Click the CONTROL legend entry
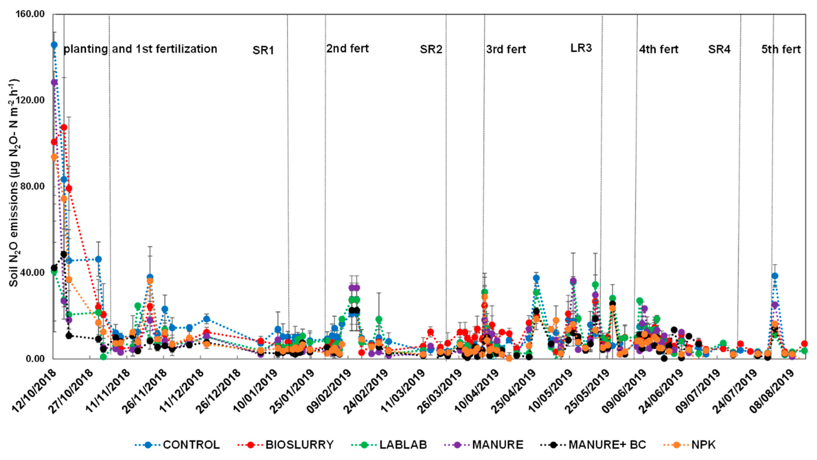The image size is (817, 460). pos(191,445)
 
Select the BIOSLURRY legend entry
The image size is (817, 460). pos(299,445)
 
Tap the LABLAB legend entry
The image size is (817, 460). pos(403,445)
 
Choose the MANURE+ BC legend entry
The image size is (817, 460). pos(607,445)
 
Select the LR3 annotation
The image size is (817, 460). pos(581,48)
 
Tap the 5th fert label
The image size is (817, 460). pos(781,50)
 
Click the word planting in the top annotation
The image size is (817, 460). pos(86,49)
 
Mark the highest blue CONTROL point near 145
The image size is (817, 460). pos(54,45)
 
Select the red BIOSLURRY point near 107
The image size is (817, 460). pos(64,127)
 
